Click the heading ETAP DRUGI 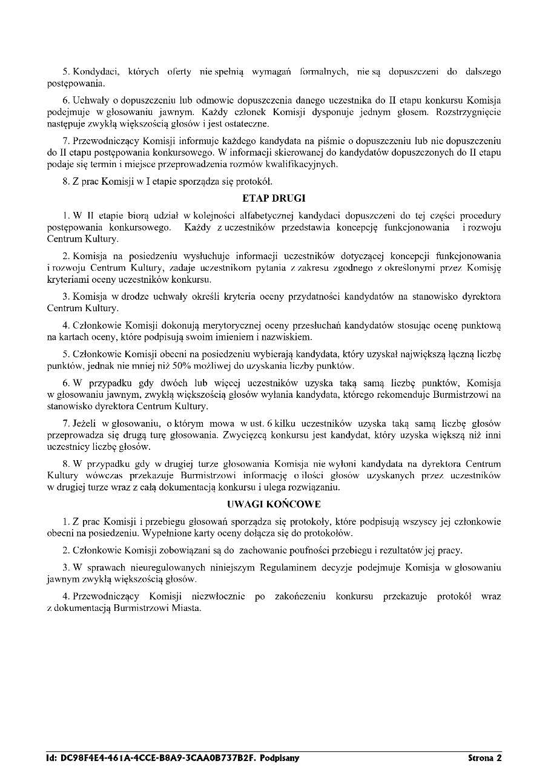click(x=274, y=198)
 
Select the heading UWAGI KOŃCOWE click(x=274, y=504)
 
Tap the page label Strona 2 click(x=484, y=757)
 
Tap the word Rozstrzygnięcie click(x=467, y=112)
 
